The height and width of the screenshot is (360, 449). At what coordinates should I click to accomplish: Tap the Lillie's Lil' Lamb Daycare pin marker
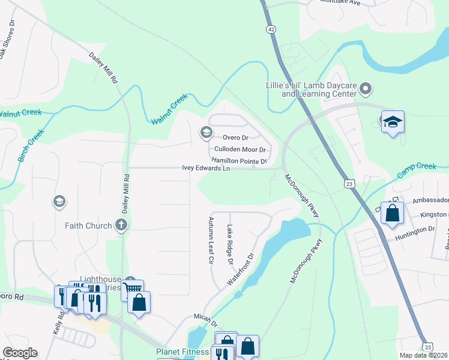click(367, 90)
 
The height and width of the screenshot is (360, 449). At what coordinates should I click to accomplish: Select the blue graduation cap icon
click(393, 122)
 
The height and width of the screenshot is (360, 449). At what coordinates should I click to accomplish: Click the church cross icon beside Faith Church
click(121, 226)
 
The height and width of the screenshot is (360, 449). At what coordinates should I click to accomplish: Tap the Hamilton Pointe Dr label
click(239, 161)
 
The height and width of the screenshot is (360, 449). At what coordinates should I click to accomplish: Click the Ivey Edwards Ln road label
click(206, 169)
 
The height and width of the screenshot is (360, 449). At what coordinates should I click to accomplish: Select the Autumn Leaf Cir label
click(211, 241)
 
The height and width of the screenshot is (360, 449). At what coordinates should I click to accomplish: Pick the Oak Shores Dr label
click(7, 38)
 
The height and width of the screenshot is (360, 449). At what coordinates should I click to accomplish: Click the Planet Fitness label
click(182, 352)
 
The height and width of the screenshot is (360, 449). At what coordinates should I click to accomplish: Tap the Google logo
click(20, 353)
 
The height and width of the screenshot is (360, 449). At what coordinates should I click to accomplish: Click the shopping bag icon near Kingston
click(391, 213)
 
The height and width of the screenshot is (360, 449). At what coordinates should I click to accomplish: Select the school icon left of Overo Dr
click(206, 132)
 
